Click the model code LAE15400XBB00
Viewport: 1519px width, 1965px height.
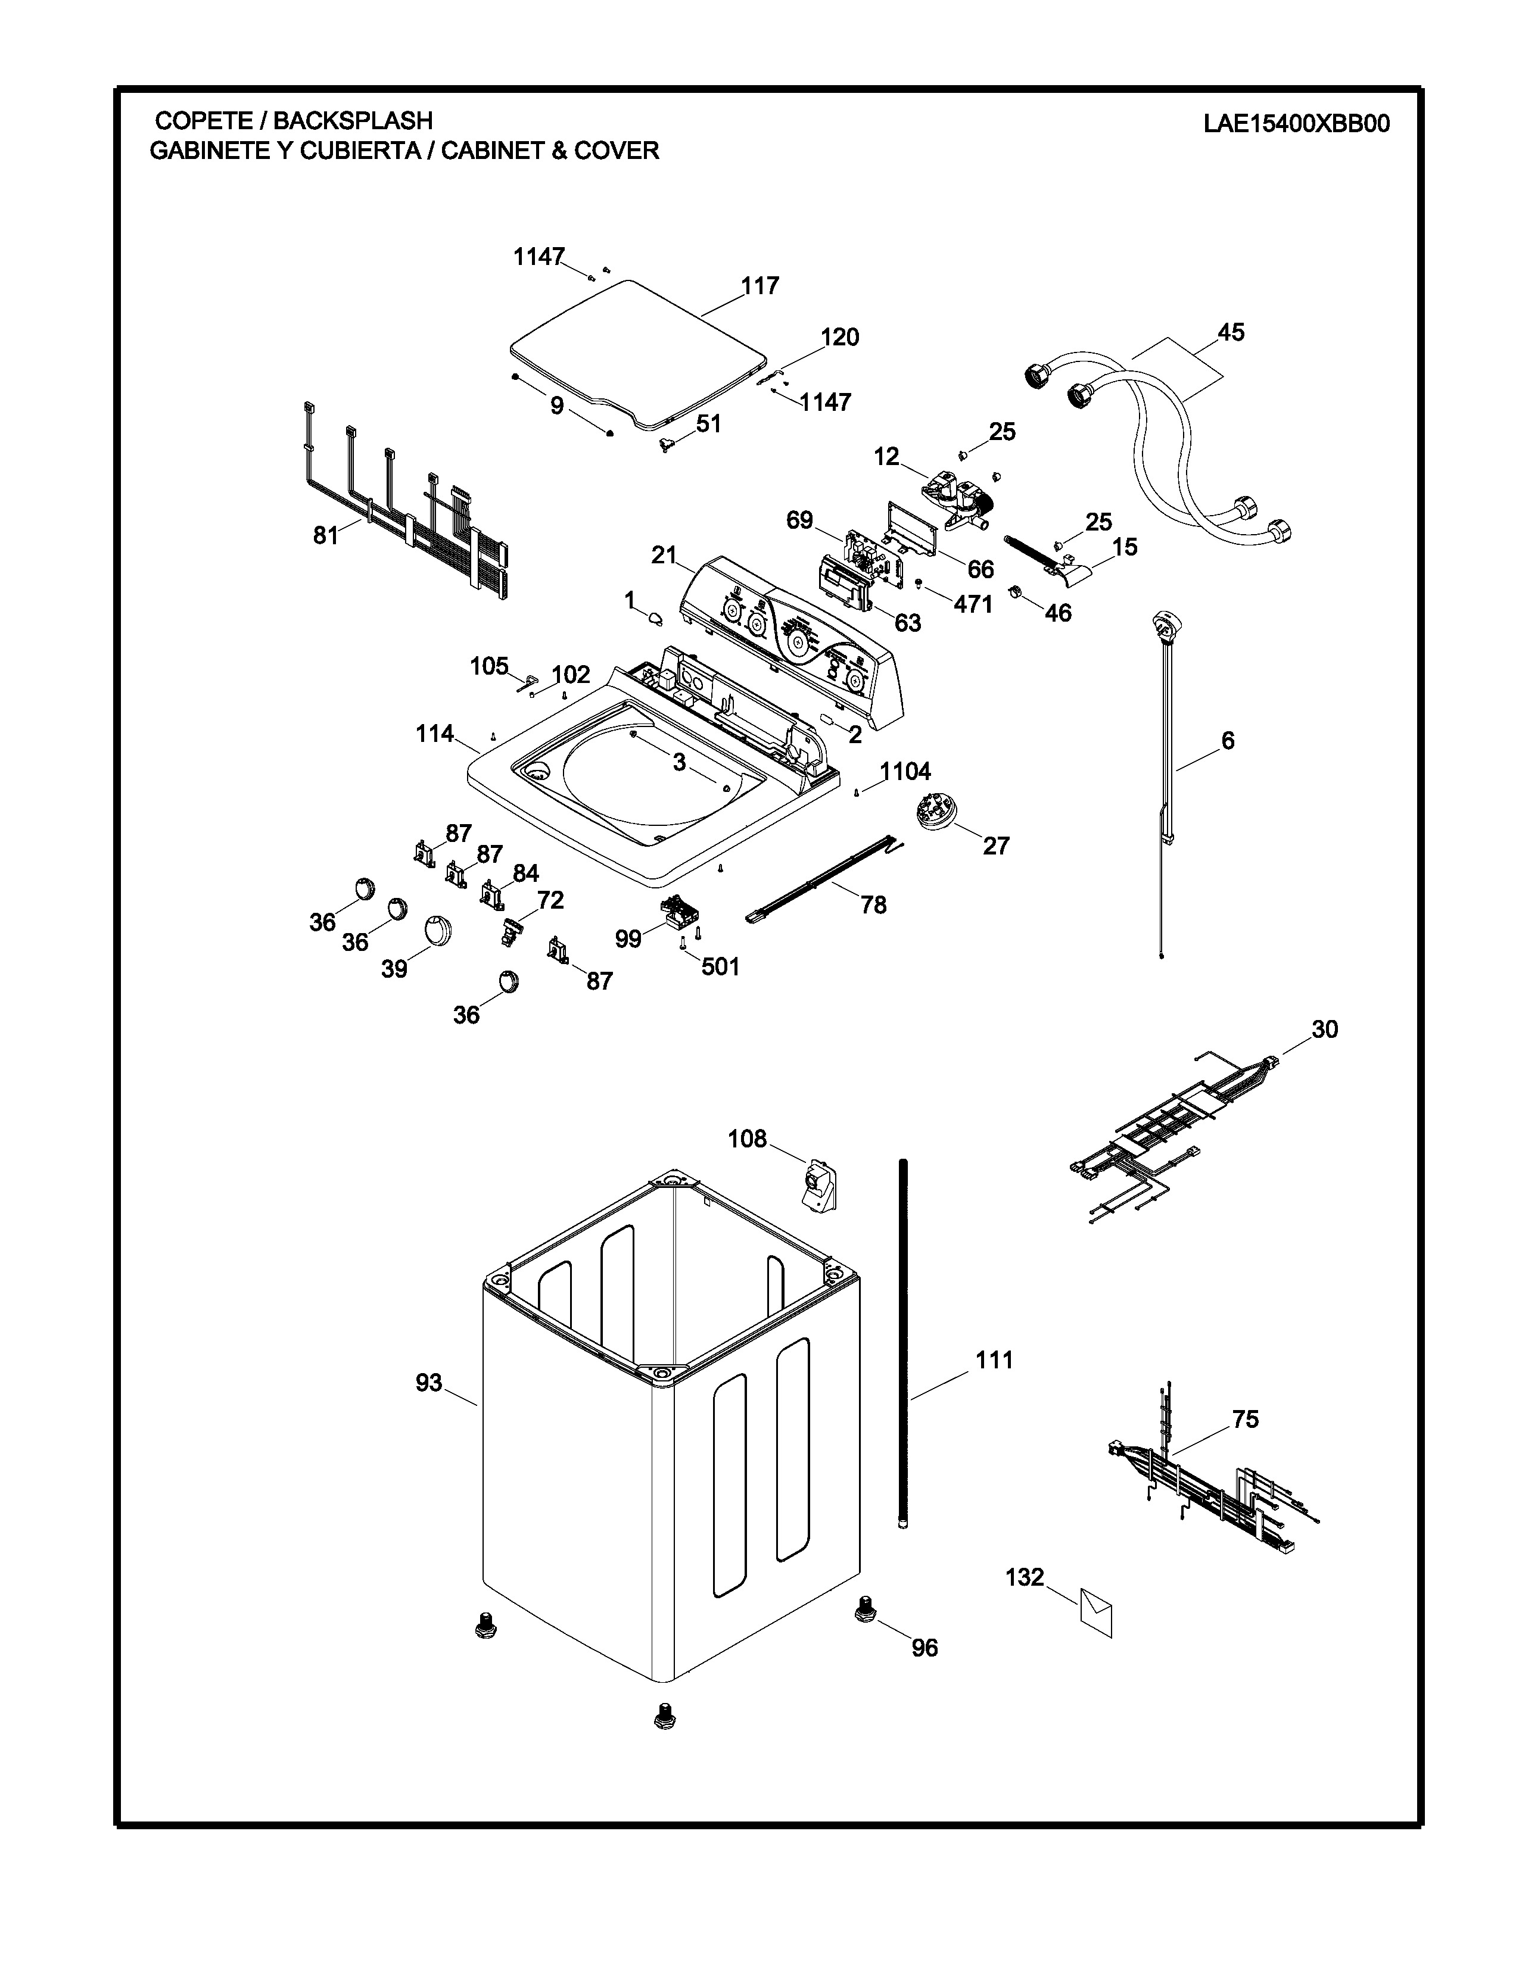point(1296,123)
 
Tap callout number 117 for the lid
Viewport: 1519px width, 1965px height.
point(759,286)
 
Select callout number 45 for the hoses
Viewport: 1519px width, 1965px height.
point(1230,333)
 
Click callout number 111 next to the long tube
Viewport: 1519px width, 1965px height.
point(994,1361)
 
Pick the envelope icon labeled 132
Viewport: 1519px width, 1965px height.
point(1095,1612)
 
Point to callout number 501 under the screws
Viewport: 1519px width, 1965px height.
point(720,966)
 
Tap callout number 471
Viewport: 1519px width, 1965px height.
point(973,604)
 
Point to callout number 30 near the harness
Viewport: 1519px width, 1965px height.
point(1324,1030)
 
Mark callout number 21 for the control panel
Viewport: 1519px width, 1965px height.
point(663,556)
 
